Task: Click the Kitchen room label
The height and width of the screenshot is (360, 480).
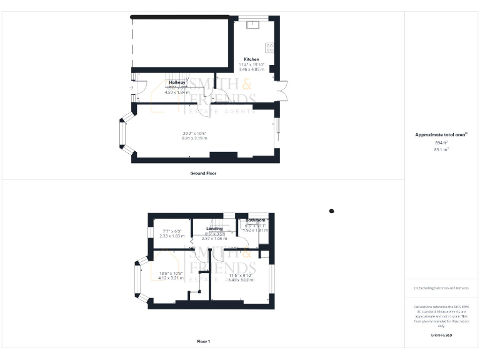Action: coord(251,59)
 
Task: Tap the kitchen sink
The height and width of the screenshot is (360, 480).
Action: coord(254,26)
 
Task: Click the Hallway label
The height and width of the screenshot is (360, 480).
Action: coord(177,82)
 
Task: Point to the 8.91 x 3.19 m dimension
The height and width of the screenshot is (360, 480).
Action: coord(194,137)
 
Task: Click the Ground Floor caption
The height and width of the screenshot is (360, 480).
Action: coord(203,172)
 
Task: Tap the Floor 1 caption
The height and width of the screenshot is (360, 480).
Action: coord(203,341)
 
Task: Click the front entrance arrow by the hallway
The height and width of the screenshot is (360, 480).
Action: coord(131,88)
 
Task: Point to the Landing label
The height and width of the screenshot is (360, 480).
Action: coord(214,228)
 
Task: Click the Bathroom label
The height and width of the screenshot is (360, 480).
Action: coord(255,221)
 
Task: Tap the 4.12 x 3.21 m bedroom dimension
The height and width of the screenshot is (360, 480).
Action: coord(171,277)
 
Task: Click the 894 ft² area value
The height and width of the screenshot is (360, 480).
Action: coord(441,142)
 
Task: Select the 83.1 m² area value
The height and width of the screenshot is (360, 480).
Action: coord(441,149)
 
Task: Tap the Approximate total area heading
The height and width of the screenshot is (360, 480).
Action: coord(441,134)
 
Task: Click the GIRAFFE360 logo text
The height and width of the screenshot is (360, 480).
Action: coord(441,336)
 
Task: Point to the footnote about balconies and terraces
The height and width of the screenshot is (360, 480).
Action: coord(441,288)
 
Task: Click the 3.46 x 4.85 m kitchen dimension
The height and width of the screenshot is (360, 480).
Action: coord(251,69)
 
